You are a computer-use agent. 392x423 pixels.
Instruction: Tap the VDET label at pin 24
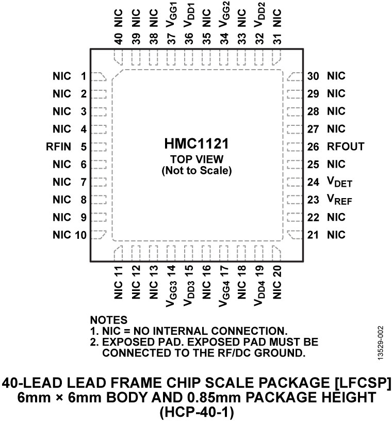[x=339, y=182]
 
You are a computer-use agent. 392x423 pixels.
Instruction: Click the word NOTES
[x=108, y=320]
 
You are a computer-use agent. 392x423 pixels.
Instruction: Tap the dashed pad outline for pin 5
[x=99, y=147]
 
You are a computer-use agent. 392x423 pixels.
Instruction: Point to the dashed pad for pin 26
[x=294, y=147]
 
